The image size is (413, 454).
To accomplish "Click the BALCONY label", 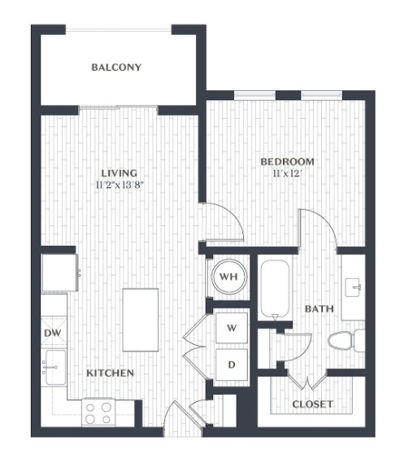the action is tap(116, 68).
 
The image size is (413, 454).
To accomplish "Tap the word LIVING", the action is tap(119, 173).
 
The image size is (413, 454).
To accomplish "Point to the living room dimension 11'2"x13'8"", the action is tap(120, 185).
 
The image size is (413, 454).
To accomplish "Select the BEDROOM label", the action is tap(287, 162).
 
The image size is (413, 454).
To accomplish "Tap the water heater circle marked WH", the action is tap(229, 277).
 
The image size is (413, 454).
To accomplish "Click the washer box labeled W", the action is tap(232, 328).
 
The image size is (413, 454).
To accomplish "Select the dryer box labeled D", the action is tap(232, 365).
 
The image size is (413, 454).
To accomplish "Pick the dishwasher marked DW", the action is tap(54, 333).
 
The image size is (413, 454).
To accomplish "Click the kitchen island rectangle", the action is tap(141, 320).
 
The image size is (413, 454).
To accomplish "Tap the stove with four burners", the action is tap(98, 413).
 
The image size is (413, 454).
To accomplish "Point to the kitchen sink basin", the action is tap(55, 367).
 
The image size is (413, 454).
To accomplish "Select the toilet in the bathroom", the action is tap(346, 340).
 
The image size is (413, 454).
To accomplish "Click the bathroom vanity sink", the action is tap(353, 287).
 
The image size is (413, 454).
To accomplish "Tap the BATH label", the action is tap(320, 309).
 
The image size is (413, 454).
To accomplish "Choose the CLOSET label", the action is tap(312, 404).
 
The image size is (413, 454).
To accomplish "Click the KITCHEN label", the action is tap(111, 373).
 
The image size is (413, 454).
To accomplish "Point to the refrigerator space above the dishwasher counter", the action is tap(59, 273).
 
